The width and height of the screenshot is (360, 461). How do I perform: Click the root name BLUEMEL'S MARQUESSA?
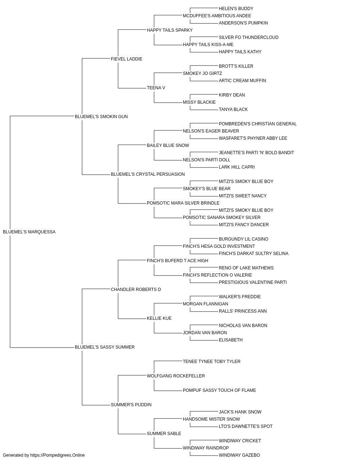(x=29, y=232)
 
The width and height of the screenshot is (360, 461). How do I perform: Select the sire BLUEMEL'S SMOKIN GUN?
(x=101, y=116)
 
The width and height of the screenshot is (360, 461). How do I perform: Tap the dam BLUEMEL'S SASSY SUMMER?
(x=104, y=347)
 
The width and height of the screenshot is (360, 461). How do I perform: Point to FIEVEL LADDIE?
(x=126, y=59)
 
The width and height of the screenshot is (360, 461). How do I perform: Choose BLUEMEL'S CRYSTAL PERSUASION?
(x=148, y=174)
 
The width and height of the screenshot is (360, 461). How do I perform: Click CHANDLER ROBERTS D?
(x=136, y=289)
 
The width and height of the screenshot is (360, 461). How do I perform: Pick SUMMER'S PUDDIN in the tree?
(x=131, y=404)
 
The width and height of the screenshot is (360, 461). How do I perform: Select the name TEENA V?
(x=156, y=88)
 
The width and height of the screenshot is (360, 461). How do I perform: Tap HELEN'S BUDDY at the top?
(x=236, y=9)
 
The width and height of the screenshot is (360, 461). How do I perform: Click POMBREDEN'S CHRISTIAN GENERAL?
(x=258, y=124)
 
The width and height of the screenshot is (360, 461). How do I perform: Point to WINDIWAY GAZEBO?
(x=239, y=455)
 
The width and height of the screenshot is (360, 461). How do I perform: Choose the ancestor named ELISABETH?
(x=230, y=340)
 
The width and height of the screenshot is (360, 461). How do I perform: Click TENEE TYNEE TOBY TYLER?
(x=212, y=362)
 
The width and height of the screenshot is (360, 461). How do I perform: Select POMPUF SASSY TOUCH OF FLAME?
(x=219, y=390)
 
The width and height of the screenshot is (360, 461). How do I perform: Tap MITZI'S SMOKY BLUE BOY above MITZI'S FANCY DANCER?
(x=246, y=210)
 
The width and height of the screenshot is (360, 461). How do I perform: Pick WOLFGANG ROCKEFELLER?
(x=176, y=376)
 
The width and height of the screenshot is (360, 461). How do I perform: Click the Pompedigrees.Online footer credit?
(x=44, y=455)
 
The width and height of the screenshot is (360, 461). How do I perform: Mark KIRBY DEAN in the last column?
(x=232, y=95)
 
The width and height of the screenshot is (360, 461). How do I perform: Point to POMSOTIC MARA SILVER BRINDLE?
(x=183, y=203)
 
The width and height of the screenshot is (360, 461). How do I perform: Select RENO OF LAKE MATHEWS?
(x=246, y=268)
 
